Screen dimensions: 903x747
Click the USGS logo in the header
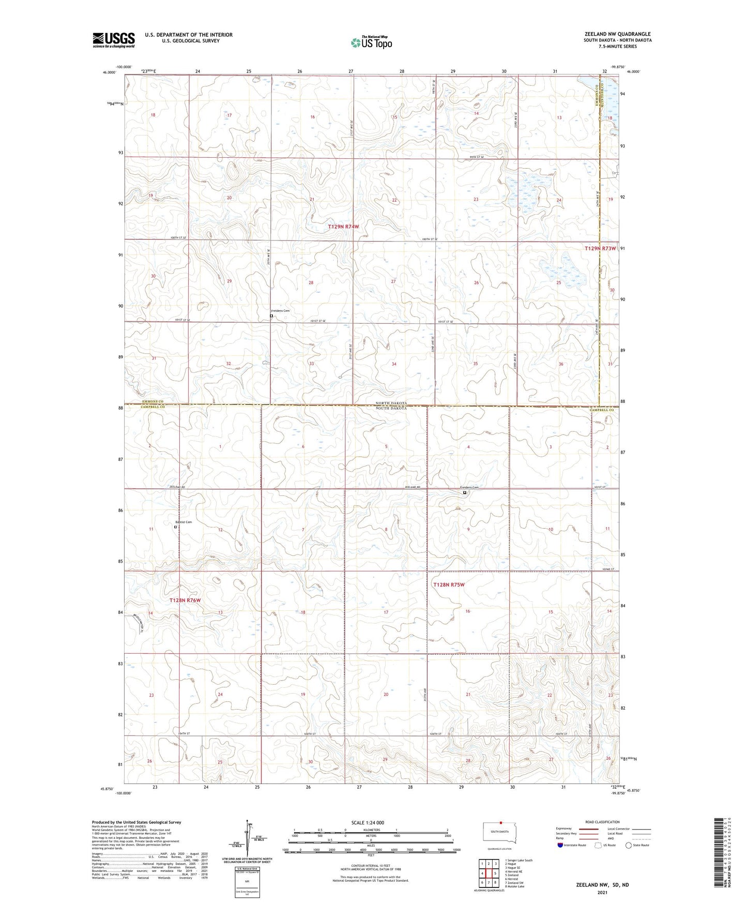pos(114,40)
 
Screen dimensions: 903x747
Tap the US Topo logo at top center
pos(371,42)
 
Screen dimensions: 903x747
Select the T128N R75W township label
pos(448,584)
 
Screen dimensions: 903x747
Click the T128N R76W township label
pos(185,600)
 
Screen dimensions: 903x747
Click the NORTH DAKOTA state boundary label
pos(391,403)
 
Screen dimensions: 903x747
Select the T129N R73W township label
pos(600,248)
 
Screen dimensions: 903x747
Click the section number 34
pos(394,364)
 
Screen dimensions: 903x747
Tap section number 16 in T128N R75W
pos(467,611)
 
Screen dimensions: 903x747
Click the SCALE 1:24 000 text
pos(368,822)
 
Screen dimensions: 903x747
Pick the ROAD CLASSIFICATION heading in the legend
pos(602,822)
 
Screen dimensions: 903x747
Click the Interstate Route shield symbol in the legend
pos(560,846)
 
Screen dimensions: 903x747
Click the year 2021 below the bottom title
pos(602,892)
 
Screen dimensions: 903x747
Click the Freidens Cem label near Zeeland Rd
pos(469,487)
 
